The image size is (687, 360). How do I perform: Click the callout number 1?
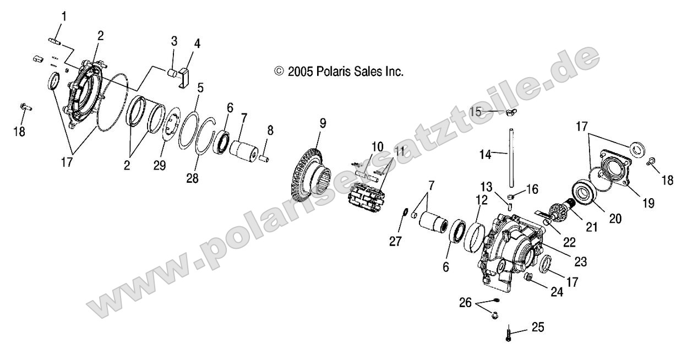[x=63, y=17]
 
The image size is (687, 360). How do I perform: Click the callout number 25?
[x=537, y=329]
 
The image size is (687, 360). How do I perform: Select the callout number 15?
[x=476, y=111]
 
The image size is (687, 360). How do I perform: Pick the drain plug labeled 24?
[x=527, y=276]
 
